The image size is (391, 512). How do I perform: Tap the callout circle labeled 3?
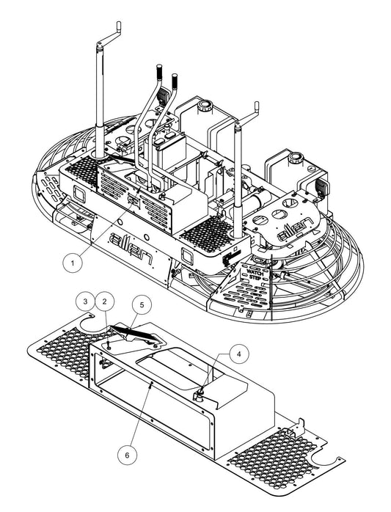[x=86, y=301]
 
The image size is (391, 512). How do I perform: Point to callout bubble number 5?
[x=141, y=301]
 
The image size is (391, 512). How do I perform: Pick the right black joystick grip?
[x=175, y=79]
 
